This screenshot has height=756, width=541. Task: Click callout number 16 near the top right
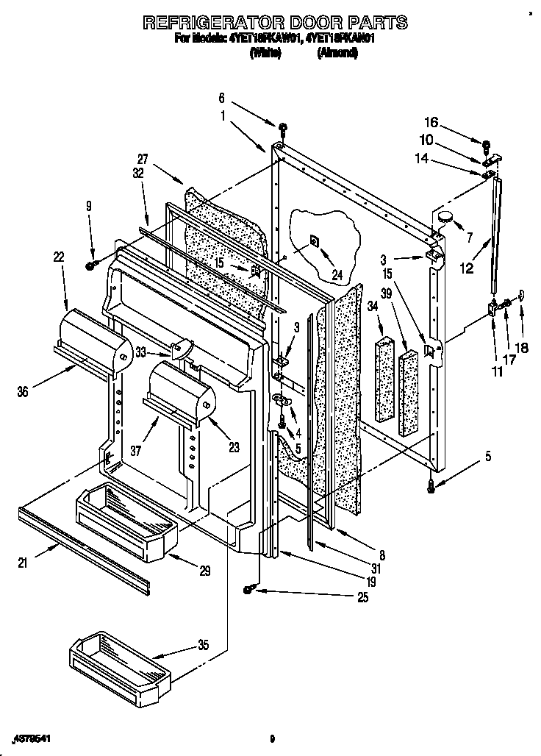pyautogui.click(x=431, y=122)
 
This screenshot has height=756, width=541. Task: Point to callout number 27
pyautogui.click(x=143, y=158)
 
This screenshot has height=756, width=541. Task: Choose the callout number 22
pyautogui.click(x=59, y=257)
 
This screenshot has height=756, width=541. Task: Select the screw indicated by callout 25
pyautogui.click(x=250, y=588)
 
